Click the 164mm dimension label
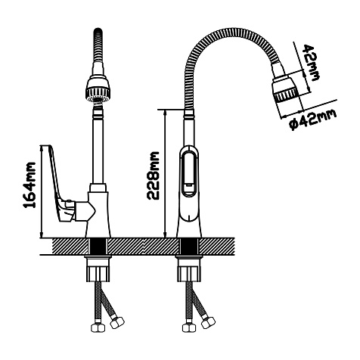[29, 185]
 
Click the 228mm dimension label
[154, 175]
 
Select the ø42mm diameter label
[313, 119]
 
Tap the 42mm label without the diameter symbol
[311, 63]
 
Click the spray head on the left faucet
[98, 89]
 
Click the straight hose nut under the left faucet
[98, 327]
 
